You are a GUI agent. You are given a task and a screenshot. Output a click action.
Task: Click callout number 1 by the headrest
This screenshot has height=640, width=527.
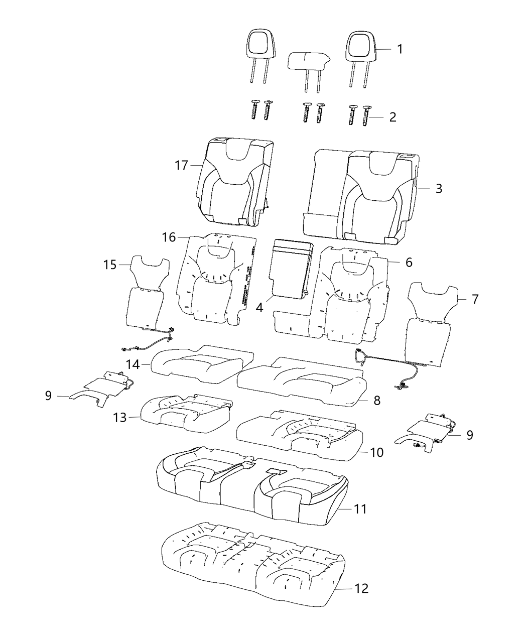(400, 49)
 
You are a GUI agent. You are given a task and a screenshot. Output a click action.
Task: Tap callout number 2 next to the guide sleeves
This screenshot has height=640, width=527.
(392, 117)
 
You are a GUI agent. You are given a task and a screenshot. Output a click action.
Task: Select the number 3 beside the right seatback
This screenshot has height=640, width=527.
(438, 189)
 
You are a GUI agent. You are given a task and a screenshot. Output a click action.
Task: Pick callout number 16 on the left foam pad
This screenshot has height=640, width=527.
(169, 236)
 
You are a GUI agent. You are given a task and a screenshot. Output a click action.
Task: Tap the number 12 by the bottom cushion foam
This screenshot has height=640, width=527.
(361, 588)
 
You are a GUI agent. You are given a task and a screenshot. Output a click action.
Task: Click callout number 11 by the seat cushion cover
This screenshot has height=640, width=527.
(359, 509)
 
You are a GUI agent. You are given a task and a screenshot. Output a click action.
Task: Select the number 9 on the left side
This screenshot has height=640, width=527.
(48, 396)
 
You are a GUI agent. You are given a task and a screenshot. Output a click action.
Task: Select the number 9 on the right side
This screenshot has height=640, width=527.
(469, 435)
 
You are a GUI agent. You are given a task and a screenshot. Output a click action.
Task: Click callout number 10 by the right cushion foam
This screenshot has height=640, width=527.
(376, 452)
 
